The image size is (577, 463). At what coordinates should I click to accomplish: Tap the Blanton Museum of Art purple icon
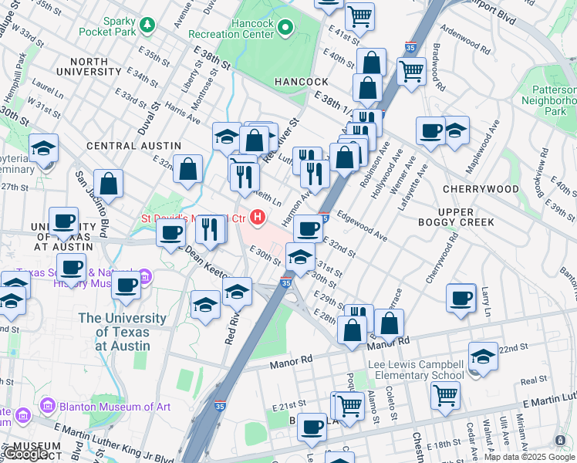pyautogui.click(x=48, y=405)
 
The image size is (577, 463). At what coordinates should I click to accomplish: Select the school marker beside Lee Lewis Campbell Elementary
pyautogui.click(x=483, y=356)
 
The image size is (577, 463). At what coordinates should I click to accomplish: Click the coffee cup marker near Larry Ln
pyautogui.click(x=462, y=299)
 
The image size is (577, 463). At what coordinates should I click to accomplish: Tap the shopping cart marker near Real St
pyautogui.click(x=446, y=395)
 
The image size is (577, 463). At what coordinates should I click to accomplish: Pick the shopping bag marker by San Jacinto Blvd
pyautogui.click(x=110, y=184)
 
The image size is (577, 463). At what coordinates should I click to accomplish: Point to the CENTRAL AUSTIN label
pyautogui.click(x=133, y=145)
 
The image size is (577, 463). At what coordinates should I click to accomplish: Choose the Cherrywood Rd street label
pyautogui.click(x=441, y=259)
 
